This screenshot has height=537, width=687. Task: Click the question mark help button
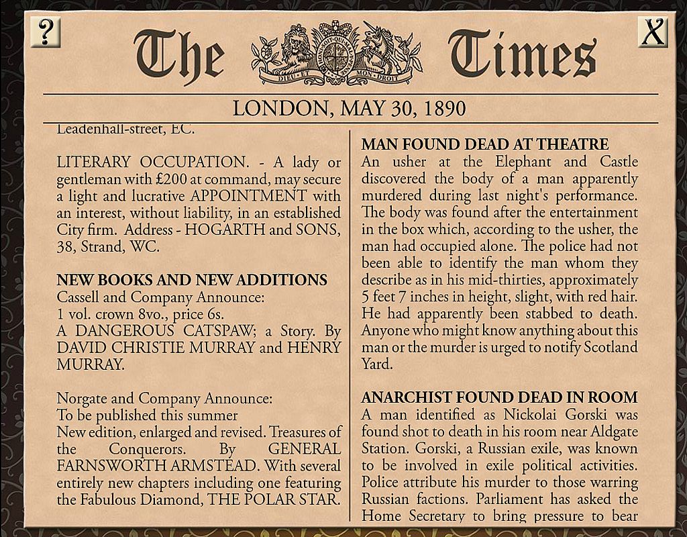pyautogui.click(x=46, y=32)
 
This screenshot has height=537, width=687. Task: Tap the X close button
pyautogui.click(x=652, y=32)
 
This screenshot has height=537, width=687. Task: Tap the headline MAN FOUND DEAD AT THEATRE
pyautogui.click(x=484, y=144)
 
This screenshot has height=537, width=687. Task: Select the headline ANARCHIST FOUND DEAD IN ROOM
pyautogui.click(x=499, y=398)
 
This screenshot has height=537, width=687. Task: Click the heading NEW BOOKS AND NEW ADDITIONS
pyautogui.click(x=192, y=280)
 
